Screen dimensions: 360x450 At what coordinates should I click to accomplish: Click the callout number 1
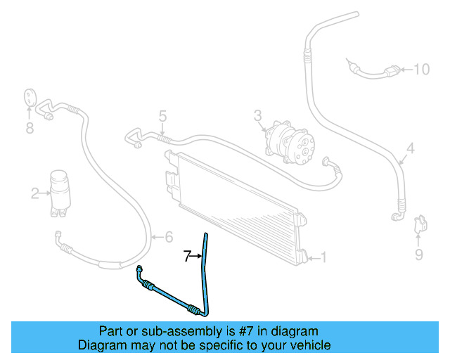[x=323, y=257]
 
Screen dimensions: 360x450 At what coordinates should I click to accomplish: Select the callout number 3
[x=258, y=115]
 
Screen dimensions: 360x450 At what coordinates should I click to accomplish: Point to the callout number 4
[x=411, y=148]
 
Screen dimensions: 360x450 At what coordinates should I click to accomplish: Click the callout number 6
[x=168, y=237]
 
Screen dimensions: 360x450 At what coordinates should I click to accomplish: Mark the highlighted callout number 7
[x=188, y=257]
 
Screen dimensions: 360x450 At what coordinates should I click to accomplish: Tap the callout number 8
[x=30, y=127]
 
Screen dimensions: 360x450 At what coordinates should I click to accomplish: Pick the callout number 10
[x=420, y=69]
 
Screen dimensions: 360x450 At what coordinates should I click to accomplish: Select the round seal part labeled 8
[x=30, y=98]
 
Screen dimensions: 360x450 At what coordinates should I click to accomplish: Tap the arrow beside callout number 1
[x=311, y=258]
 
